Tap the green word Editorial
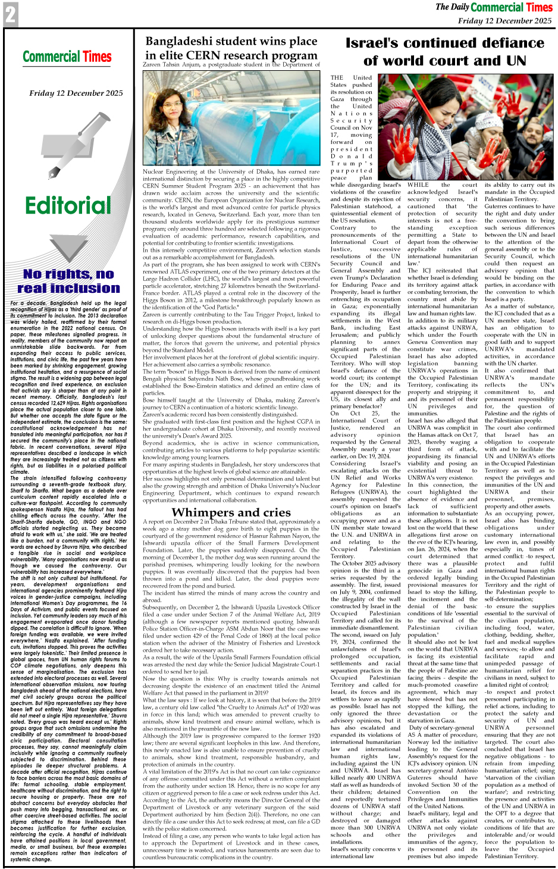tap(68, 206)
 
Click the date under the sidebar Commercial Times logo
tap(76, 93)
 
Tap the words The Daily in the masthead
tap(452, 7)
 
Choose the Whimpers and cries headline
tap(231, 512)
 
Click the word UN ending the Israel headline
tap(516, 61)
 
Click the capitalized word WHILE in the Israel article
tap(418, 185)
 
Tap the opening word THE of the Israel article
tap(337, 78)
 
